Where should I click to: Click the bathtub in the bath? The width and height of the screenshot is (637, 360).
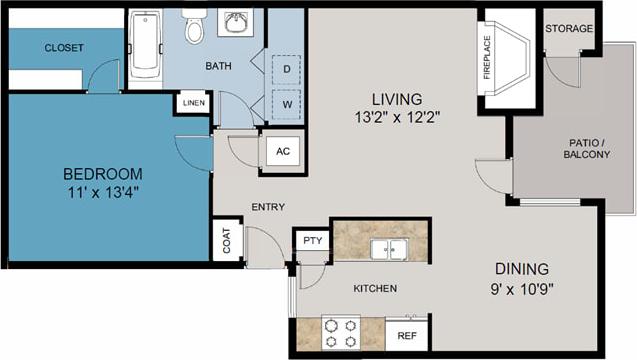coord(145,46)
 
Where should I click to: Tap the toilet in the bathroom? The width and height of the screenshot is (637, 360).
coord(194,28)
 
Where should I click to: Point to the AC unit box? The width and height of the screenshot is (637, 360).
coord(282,151)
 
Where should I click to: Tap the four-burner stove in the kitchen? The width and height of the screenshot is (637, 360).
coord(341,332)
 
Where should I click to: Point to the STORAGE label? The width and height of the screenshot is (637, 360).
coord(569,28)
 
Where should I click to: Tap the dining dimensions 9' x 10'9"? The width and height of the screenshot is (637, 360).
coord(521,289)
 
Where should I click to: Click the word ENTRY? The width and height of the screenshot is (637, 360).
coord(268,208)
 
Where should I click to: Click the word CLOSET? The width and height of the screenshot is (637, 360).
coord(64,48)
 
